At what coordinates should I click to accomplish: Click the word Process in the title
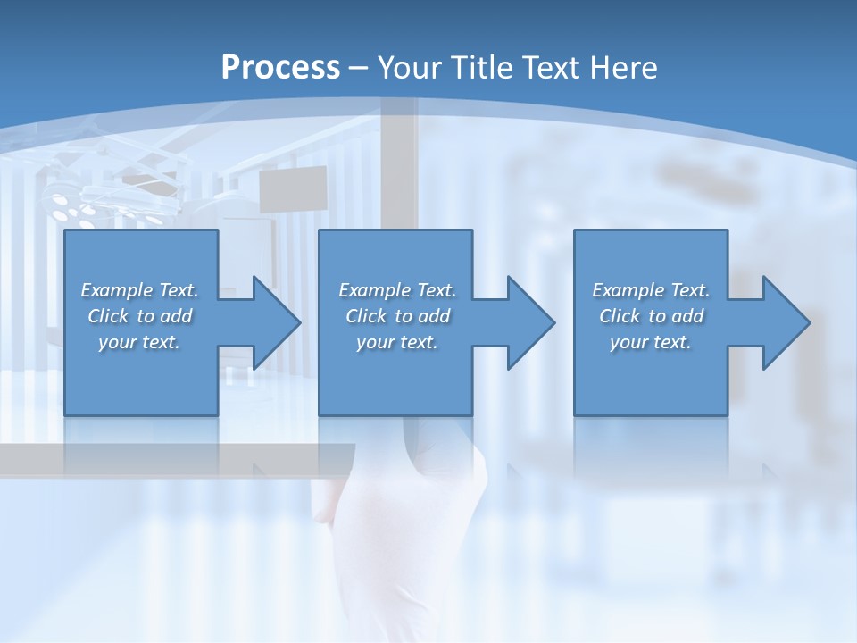click(280, 67)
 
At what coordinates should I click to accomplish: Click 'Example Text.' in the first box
click(140, 290)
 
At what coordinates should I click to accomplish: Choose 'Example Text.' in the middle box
click(397, 290)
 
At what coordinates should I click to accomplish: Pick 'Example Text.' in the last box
click(651, 290)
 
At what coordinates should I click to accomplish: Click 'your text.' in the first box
click(140, 342)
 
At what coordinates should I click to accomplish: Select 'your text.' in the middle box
click(397, 342)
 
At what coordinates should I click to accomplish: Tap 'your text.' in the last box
click(651, 342)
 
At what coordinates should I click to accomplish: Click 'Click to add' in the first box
click(140, 316)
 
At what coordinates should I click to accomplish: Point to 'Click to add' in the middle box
click(397, 316)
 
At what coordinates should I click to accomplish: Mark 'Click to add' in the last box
click(651, 316)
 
